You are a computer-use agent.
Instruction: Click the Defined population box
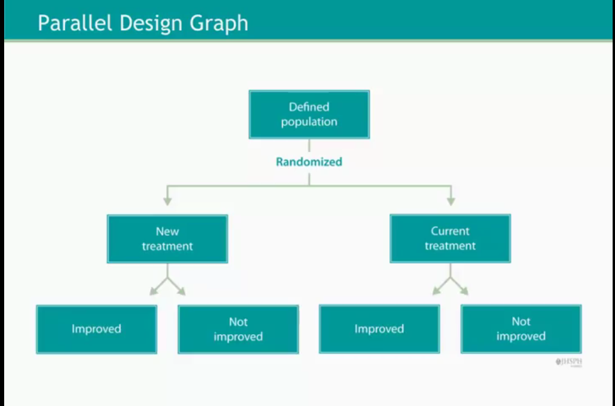point(309,114)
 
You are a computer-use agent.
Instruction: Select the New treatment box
point(167,239)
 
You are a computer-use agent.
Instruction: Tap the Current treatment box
point(450,239)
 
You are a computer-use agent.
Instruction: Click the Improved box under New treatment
point(96,329)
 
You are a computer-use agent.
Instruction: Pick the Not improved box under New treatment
point(238,329)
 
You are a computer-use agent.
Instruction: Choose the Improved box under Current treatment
point(379,329)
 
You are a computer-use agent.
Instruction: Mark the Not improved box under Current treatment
point(521,329)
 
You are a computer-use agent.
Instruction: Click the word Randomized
point(309,161)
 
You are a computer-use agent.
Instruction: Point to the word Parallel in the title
point(75,23)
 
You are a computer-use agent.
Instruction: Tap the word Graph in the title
point(219,23)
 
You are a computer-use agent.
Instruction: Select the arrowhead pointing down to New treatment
point(168,201)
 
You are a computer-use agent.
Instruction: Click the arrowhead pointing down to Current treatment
point(450,201)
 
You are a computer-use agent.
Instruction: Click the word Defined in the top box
point(309,107)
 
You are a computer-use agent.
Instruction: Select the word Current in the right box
point(450,231)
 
